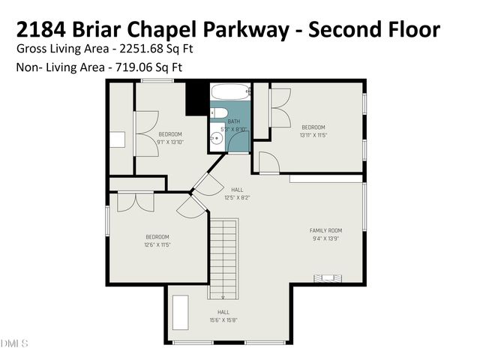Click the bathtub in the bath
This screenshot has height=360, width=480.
230,92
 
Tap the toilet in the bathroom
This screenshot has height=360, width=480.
217,113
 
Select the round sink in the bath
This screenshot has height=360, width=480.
216,138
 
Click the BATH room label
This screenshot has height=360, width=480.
234,121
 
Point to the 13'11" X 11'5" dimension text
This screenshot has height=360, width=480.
313,135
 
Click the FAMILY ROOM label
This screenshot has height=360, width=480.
325,230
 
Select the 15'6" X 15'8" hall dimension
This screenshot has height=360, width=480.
223,319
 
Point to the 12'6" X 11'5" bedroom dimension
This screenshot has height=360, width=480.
157,244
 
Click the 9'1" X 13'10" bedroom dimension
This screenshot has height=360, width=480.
170,142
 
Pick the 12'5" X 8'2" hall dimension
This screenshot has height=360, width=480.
237,198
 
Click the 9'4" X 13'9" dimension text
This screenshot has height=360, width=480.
325,238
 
